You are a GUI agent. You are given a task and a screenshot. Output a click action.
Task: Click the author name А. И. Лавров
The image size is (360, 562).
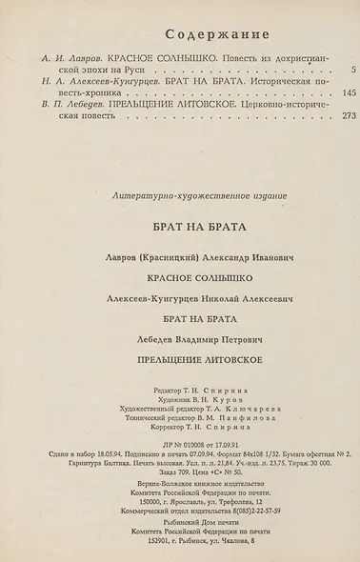(57, 57)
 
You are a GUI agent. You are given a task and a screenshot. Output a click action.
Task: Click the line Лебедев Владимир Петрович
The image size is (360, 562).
(180, 340)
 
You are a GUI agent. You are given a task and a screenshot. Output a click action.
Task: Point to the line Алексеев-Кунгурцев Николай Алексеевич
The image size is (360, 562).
(180, 299)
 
